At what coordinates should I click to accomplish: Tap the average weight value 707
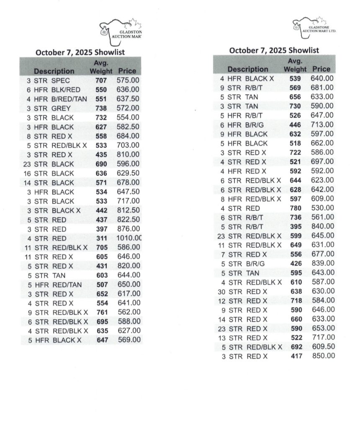click(x=101, y=80)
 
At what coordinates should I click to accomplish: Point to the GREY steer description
click(x=62, y=108)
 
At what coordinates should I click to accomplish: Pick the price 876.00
click(x=128, y=229)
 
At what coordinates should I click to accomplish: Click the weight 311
click(x=101, y=238)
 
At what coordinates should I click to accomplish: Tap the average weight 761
click(x=101, y=312)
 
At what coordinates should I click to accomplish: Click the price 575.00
click(x=128, y=80)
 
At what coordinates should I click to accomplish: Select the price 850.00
click(x=323, y=356)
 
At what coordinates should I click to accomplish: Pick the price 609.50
click(x=323, y=347)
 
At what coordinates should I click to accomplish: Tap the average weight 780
click(x=296, y=208)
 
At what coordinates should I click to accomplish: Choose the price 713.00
click(x=323, y=124)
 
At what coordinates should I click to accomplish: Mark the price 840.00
click(x=323, y=227)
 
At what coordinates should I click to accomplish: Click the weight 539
click(x=296, y=78)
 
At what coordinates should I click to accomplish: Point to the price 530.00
click(x=323, y=208)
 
